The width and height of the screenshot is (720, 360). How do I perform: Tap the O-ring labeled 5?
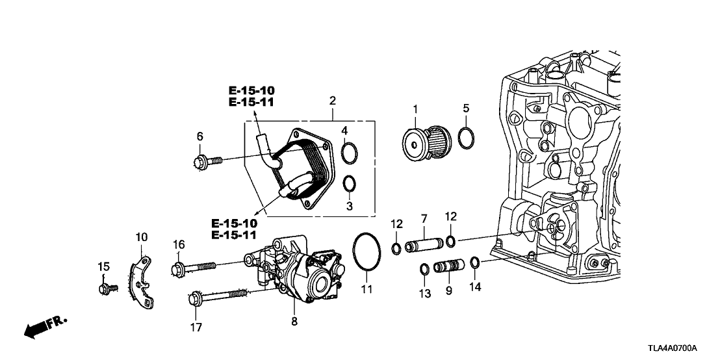point(465,138)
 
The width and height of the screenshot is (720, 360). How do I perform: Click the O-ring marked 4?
point(349,153)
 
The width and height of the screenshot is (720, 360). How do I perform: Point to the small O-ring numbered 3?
point(349,184)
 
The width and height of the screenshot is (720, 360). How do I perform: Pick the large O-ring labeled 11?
point(366,254)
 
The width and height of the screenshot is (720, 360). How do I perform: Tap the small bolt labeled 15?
point(107,288)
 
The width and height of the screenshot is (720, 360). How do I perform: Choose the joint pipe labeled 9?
point(448,267)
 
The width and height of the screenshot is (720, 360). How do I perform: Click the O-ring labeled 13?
point(424,268)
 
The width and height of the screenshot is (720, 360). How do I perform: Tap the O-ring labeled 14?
point(475,263)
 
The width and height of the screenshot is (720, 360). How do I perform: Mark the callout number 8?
point(294,320)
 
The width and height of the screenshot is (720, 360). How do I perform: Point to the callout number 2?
point(333,102)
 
